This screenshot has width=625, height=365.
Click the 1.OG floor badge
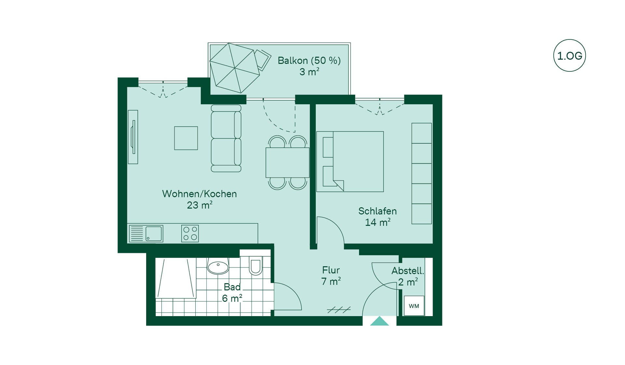pos(569,55)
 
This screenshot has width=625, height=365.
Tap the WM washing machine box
pos(414,306)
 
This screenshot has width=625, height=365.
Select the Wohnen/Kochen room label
pos(199,194)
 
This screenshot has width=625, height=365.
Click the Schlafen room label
pos(378,211)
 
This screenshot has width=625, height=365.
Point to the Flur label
pos(331,270)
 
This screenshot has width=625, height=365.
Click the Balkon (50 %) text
pos(309,60)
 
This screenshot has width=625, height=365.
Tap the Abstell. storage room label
pos(408,270)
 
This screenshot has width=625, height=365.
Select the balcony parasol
pos(235,68)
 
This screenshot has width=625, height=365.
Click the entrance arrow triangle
pos(380,321)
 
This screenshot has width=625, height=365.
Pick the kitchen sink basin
pos(154,234)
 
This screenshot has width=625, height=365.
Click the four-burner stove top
pos(190,233)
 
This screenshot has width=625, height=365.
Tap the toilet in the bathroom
pos(256,265)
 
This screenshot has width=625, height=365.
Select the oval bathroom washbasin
pos(218,267)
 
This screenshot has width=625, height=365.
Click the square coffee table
pos(186,138)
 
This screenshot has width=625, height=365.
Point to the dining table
pos(287,163)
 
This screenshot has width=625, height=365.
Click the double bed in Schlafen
pos(350,161)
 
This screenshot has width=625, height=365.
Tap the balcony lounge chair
pos(262,60)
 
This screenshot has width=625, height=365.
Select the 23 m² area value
pos(200,205)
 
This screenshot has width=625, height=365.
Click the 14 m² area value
pos(378,222)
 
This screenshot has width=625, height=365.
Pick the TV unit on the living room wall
pos(133,137)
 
